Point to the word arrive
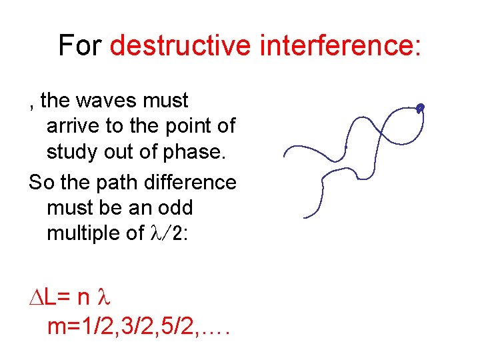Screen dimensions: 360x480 (72, 126)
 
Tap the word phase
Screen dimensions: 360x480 (195, 152)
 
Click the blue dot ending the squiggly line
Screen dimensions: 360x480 (420, 107)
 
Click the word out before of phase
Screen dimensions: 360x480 (124, 152)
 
